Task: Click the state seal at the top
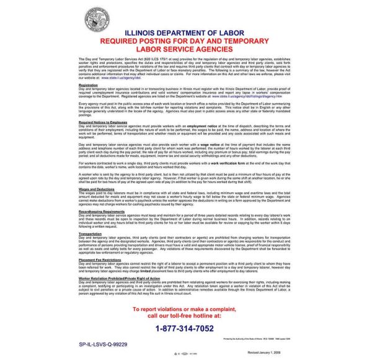pos(185,14)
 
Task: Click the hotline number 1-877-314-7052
pos(185,328)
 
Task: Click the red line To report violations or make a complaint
pos(185,308)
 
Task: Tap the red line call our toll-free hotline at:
pos(185,316)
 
